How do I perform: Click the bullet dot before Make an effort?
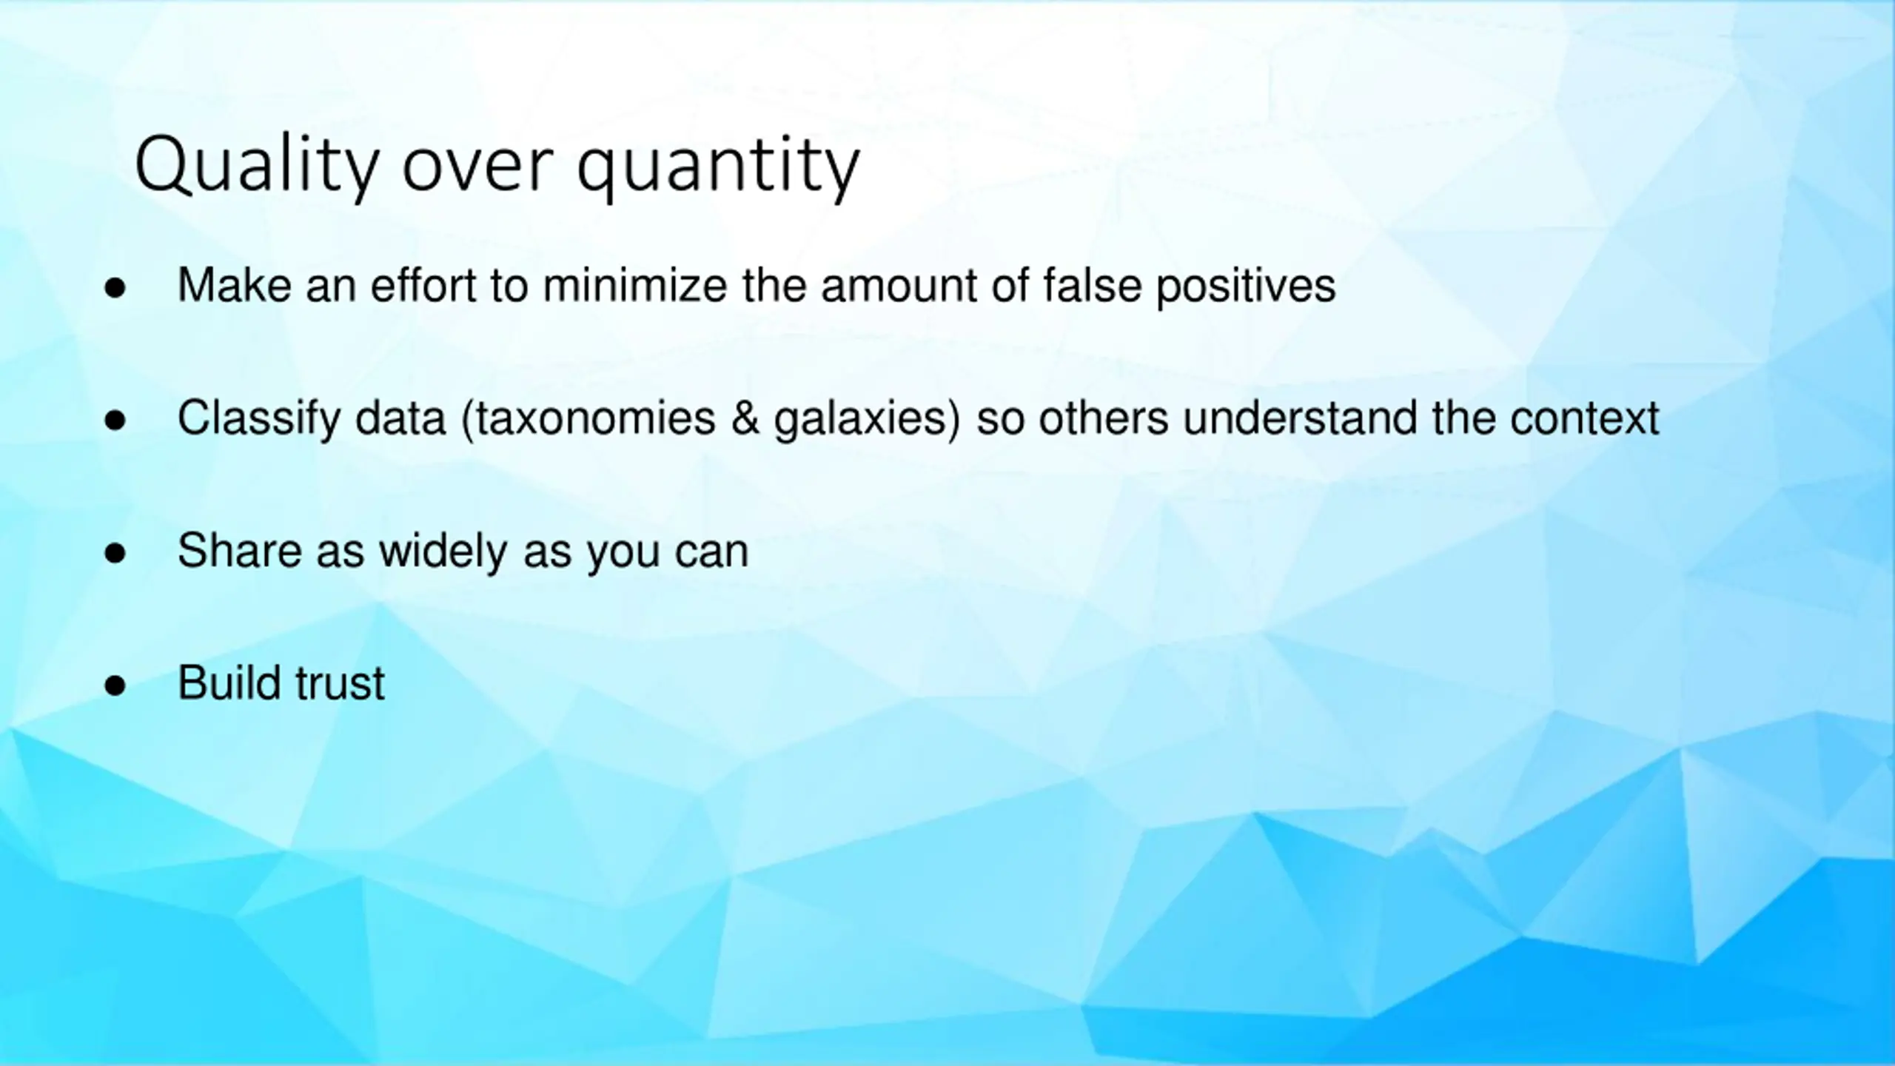[115, 288]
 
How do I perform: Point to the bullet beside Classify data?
[115, 420]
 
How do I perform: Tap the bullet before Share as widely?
[115, 553]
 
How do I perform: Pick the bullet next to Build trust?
[115, 685]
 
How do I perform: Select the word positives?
[1247, 288]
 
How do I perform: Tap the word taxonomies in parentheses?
[588, 419]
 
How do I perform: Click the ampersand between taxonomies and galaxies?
[745, 418]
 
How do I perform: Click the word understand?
[1300, 418]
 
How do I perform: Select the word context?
[1585, 419]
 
